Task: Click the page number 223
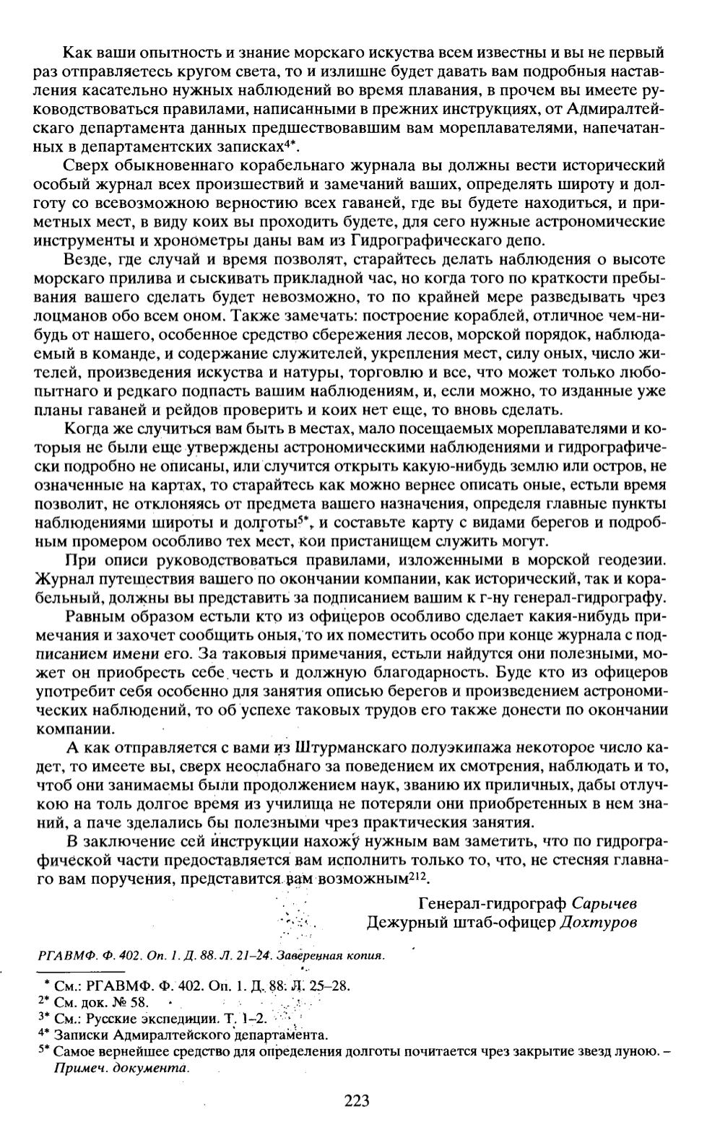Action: coord(356,1101)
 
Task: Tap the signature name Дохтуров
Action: coord(599,922)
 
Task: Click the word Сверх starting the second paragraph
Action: coord(84,165)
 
